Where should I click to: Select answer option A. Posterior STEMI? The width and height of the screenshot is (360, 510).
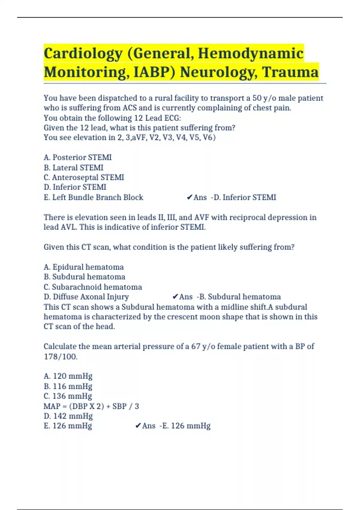78,157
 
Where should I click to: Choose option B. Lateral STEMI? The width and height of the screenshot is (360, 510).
73,167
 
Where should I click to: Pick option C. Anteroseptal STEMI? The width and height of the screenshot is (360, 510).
84,177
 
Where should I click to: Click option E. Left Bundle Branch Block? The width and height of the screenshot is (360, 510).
93,197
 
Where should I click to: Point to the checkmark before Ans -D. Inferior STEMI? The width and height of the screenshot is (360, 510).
189,197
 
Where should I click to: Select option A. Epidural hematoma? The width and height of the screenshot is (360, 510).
84,267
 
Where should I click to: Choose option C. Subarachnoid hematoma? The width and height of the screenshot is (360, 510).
93,287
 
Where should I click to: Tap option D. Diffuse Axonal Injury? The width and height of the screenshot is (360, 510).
86,297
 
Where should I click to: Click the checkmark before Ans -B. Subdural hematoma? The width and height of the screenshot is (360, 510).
175,297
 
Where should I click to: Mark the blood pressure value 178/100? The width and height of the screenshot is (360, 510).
60,357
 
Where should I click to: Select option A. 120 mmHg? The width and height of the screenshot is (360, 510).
68,376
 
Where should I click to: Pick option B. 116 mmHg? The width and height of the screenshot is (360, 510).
68,386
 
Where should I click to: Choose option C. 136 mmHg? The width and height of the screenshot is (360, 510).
68,396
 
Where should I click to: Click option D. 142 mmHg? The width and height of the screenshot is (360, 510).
68,416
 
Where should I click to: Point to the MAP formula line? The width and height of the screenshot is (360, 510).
91,406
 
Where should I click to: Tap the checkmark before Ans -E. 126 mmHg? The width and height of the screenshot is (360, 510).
138,426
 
